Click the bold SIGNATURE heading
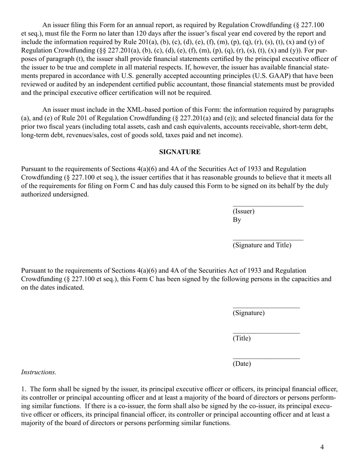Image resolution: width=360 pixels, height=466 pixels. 180,152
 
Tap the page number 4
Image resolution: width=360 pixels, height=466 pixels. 322,447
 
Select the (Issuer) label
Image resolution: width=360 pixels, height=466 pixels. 243,211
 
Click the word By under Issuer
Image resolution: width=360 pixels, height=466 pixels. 237,220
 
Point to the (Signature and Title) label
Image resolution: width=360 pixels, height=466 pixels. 262,245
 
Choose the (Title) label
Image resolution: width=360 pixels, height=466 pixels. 241,338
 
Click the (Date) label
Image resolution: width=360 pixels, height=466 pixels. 241,364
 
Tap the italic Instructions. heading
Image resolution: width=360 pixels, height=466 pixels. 39,372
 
